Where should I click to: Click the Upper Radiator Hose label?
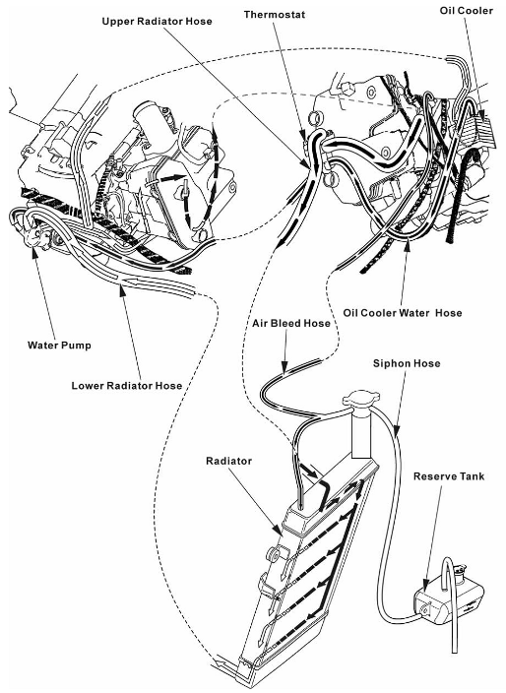pyautogui.click(x=157, y=22)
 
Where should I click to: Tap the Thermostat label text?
pyautogui.click(x=275, y=14)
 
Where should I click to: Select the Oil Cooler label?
pyautogui.click(x=466, y=10)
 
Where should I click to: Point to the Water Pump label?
pyautogui.click(x=59, y=346)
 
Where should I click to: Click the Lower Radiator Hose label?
pyautogui.click(x=127, y=386)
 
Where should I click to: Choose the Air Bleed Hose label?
pyautogui.click(x=291, y=323)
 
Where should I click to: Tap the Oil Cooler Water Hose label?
pyautogui.click(x=403, y=313)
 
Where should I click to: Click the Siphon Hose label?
pyautogui.click(x=407, y=363)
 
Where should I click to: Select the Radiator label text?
pyautogui.click(x=229, y=461)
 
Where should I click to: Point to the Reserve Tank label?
pyautogui.click(x=449, y=476)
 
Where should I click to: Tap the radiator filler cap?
pyautogui.click(x=359, y=401)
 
